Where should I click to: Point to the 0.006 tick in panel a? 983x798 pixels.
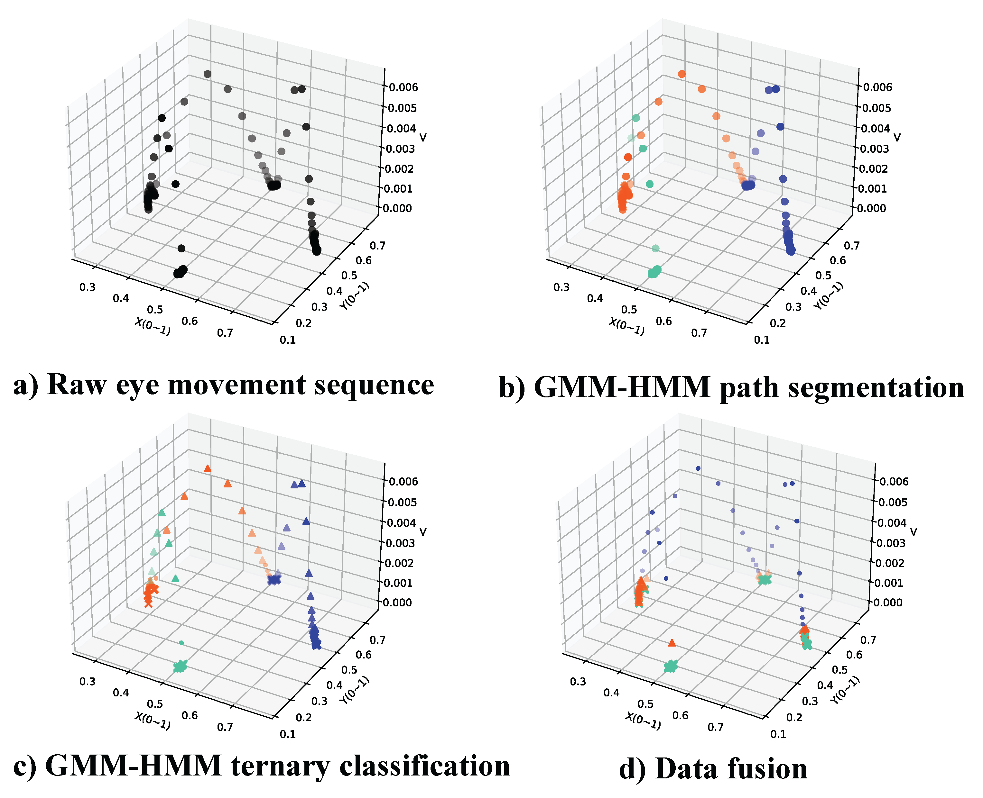coord(403,87)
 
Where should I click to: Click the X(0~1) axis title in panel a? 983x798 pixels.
coord(152,326)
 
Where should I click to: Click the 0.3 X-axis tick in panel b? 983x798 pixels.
coord(561,288)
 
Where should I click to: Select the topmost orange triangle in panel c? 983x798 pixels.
coord(208,468)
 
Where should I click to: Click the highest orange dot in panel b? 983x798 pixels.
coord(682,74)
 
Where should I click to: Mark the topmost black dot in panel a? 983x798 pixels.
coord(208,74)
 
